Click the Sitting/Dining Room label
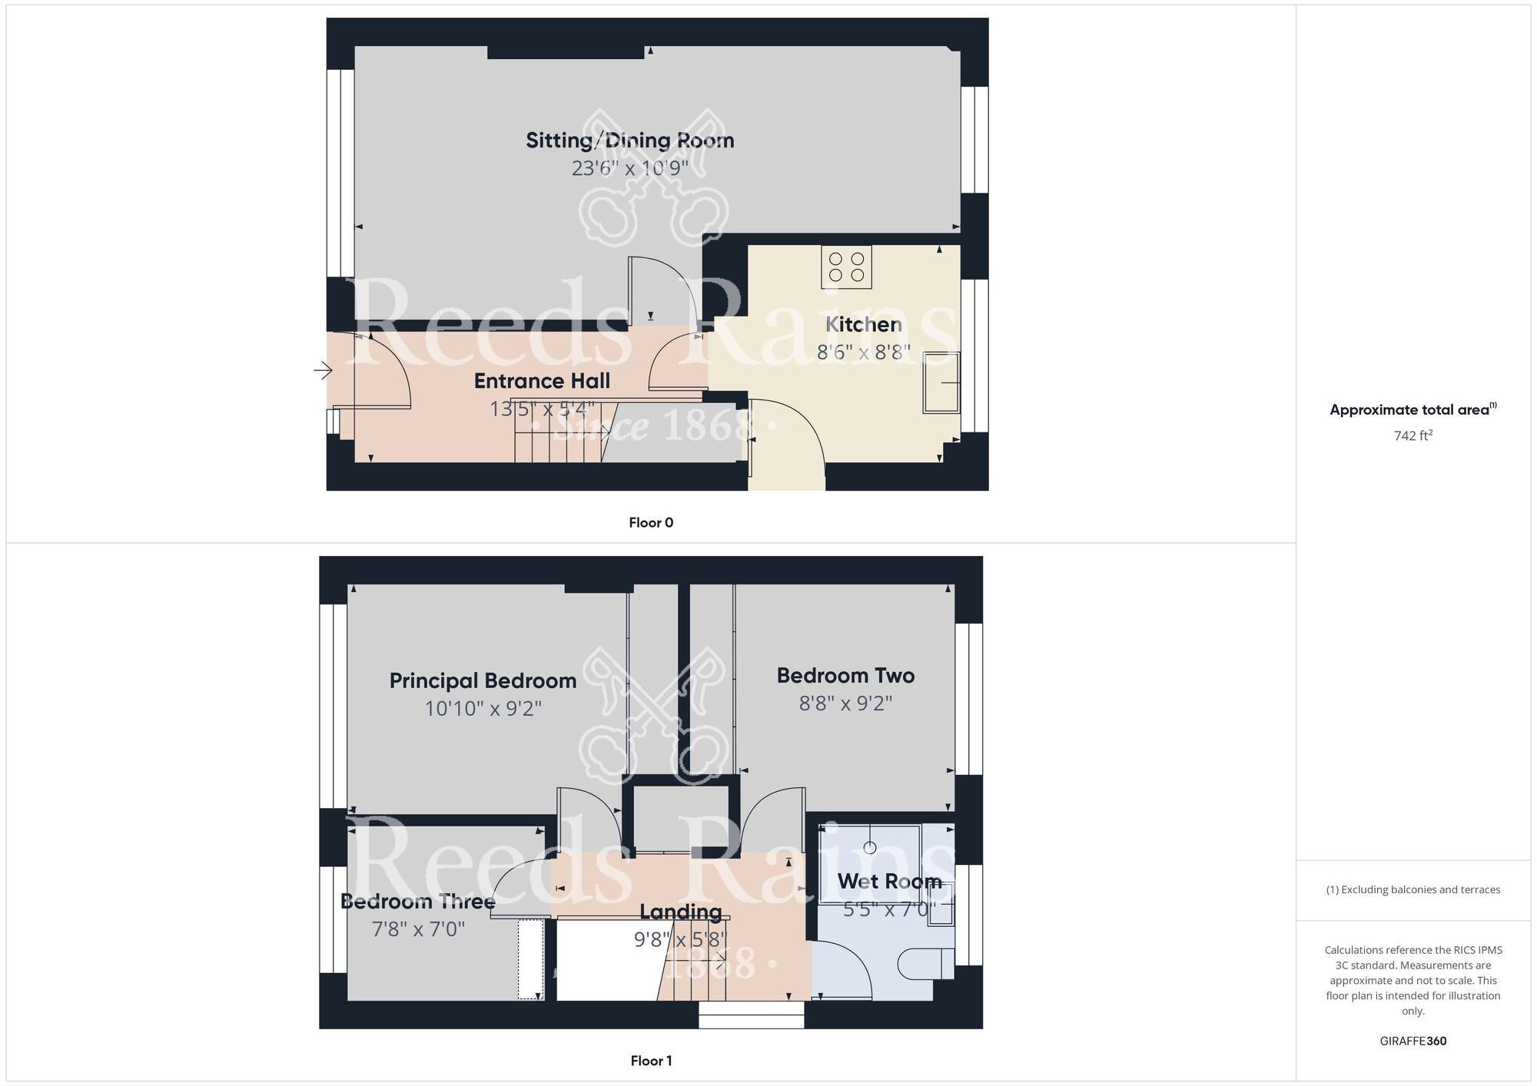[629, 141]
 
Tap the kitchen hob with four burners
[846, 267]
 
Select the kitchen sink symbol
[941, 382]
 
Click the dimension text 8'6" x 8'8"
[863, 353]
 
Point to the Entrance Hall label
[542, 381]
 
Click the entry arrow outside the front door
[323, 372]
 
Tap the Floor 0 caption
[651, 523]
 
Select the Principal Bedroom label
[483, 681]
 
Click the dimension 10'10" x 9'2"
[483, 708]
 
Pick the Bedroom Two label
[845, 676]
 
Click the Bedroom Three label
[417, 902]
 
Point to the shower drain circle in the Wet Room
[870, 848]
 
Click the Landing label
[681, 912]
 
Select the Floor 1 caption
[651, 1061]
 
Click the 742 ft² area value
[1413, 436]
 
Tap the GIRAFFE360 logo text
[1413, 1041]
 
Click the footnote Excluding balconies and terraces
[1413, 890]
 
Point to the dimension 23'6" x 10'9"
[629, 168]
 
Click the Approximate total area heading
[1411, 410]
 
